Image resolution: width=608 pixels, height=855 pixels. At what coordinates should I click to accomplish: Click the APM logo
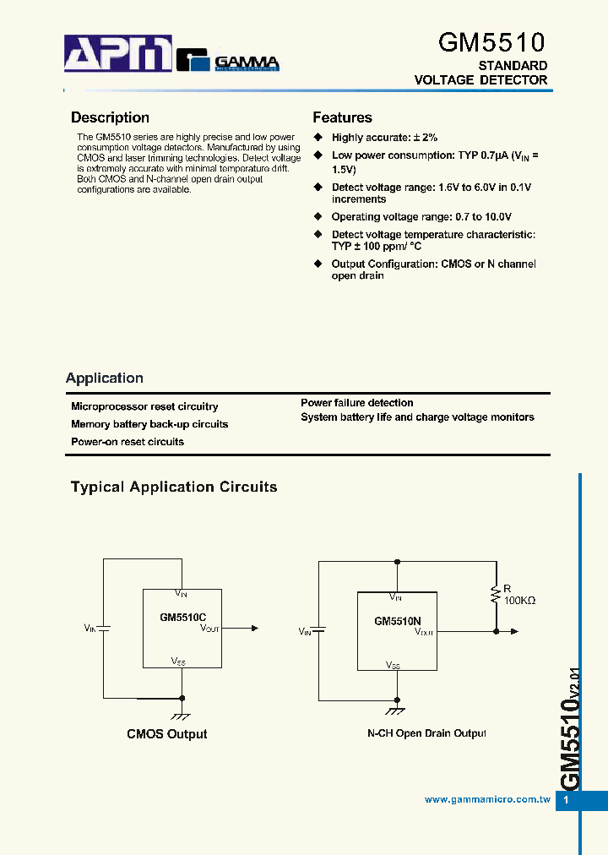click(118, 55)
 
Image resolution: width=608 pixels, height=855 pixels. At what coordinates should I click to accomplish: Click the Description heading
click(110, 118)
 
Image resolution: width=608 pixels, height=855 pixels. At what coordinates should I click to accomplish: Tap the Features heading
click(342, 118)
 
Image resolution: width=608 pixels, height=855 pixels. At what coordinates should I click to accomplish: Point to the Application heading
click(105, 378)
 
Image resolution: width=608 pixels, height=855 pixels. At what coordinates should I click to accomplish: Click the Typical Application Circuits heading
click(174, 487)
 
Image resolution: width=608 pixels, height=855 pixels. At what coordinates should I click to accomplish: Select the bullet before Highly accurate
click(318, 137)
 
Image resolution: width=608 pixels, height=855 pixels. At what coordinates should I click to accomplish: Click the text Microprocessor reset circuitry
click(144, 407)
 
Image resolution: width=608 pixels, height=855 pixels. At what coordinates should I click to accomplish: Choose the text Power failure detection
click(357, 403)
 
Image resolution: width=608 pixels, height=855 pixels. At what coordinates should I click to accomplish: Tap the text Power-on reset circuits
click(128, 442)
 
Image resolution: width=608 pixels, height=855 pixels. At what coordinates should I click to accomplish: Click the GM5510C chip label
click(182, 618)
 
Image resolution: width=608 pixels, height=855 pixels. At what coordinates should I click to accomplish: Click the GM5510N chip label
click(397, 621)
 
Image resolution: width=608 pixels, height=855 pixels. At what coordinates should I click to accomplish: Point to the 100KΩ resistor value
click(520, 601)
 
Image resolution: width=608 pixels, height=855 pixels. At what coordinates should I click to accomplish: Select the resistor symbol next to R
click(496, 596)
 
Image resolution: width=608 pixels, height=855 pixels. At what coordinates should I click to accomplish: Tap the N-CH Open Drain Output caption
click(426, 733)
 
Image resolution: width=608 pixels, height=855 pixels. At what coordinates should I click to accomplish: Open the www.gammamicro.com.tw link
click(487, 799)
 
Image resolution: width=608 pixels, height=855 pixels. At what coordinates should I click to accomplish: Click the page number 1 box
click(567, 800)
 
